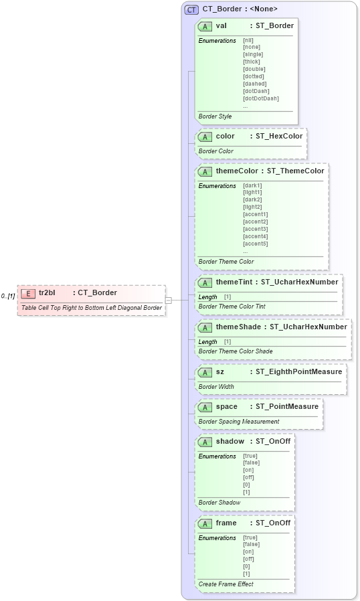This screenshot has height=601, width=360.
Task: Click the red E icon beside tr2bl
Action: pyautogui.click(x=28, y=293)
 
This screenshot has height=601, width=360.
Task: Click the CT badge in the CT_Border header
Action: pyautogui.click(x=191, y=9)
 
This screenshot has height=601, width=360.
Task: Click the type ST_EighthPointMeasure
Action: pyautogui.click(x=298, y=371)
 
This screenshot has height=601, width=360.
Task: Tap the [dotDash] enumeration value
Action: pyautogui.click(x=257, y=91)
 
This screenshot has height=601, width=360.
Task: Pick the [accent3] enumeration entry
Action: pyautogui.click(x=256, y=229)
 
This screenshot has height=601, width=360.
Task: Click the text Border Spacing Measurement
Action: pyautogui.click(x=239, y=422)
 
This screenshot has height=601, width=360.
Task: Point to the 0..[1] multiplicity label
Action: pyautogui.click(x=8, y=296)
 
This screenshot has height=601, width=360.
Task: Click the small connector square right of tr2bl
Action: pyautogui.click(x=169, y=300)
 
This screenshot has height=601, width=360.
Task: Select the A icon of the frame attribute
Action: pyautogui.click(x=205, y=523)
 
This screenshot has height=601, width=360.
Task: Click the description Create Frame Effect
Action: pyautogui.click(x=226, y=584)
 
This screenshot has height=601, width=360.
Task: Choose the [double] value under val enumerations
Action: pyautogui.click(x=254, y=69)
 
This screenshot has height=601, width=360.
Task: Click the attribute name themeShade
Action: pyautogui.click(x=238, y=327)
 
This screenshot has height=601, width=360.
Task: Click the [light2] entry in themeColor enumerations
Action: pyautogui.click(x=253, y=207)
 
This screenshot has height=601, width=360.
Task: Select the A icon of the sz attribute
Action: pyautogui.click(x=205, y=372)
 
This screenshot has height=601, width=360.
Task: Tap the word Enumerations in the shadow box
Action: pyautogui.click(x=217, y=456)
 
